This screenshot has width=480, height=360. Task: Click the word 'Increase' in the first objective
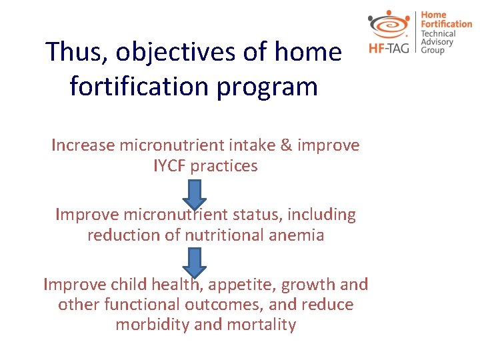(82, 145)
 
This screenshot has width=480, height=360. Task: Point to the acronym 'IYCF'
(169, 166)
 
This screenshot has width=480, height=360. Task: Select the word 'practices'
(223, 166)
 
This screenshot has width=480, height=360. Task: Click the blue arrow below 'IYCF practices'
(195, 193)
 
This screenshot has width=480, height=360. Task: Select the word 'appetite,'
(242, 285)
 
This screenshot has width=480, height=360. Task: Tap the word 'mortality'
(262, 325)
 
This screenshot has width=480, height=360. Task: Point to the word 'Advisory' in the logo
(437, 42)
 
